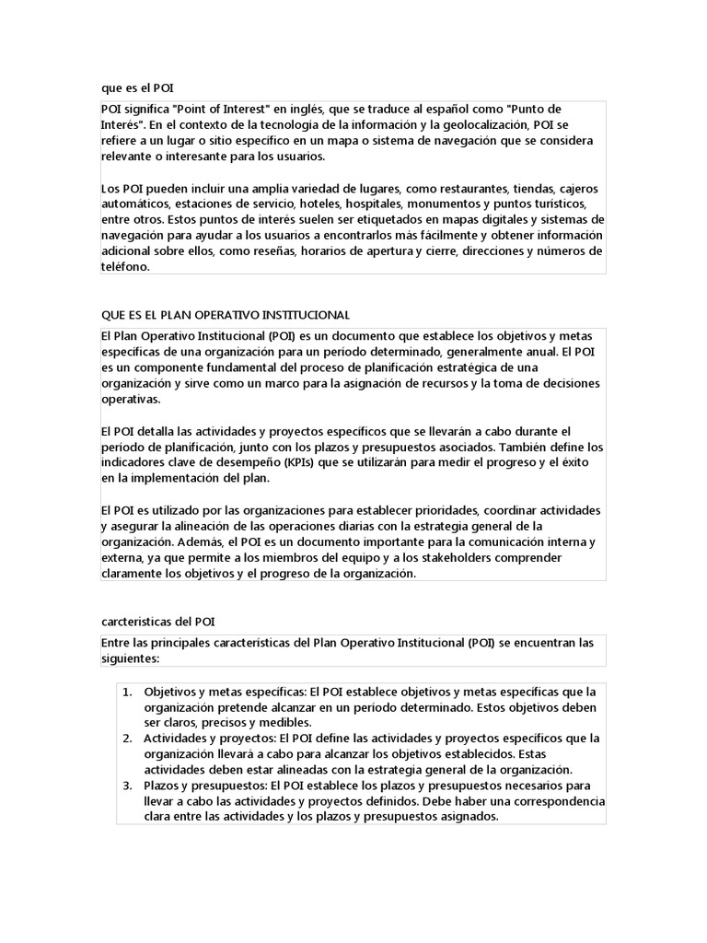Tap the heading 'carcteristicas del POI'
point(157,622)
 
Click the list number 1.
point(128,692)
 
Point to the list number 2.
point(128,739)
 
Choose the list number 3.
point(128,786)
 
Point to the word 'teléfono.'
point(124,266)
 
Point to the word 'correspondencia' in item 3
point(551,801)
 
